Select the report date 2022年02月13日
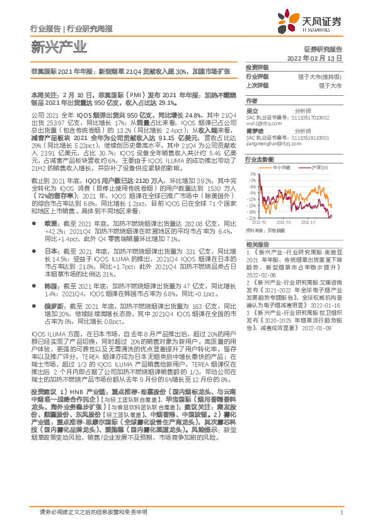[x=314, y=57]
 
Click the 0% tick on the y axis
[x=251, y=173]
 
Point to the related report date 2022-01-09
[x=317, y=328]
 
